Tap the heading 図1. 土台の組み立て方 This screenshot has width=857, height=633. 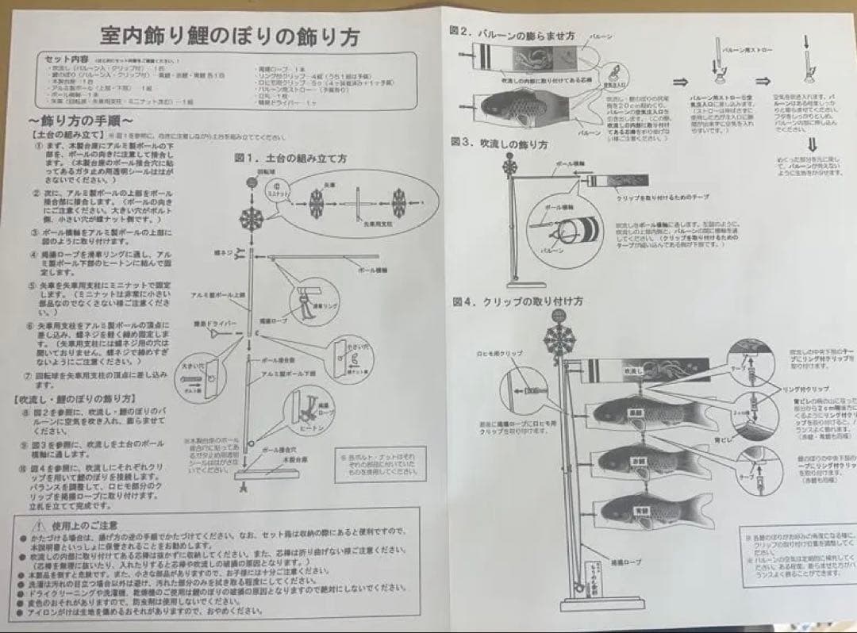click(290, 158)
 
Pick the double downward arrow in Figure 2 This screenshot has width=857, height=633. click(811, 145)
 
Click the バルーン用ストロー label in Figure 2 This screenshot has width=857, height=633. click(746, 50)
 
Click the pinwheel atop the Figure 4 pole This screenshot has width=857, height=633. click(559, 338)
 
